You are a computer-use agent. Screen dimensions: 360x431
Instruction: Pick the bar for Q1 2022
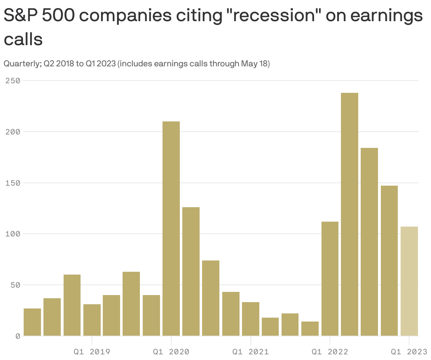[330, 278]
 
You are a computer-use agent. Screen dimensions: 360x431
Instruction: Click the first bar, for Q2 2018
[32, 322]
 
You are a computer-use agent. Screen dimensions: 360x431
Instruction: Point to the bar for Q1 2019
[92, 320]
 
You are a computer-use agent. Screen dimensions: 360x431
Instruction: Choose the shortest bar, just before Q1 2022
[310, 329]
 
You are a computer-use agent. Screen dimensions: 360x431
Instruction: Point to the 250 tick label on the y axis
[12, 81]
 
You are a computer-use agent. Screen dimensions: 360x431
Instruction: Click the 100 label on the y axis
[12, 234]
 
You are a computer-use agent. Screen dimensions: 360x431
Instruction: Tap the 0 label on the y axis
[17, 336]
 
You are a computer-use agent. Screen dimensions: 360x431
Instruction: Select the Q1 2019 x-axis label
[92, 352]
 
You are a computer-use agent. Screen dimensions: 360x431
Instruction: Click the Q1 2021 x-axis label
[250, 352]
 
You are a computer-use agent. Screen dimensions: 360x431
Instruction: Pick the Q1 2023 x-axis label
[409, 352]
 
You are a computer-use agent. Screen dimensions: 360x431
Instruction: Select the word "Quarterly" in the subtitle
[22, 64]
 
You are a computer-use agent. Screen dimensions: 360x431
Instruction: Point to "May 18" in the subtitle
[254, 64]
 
